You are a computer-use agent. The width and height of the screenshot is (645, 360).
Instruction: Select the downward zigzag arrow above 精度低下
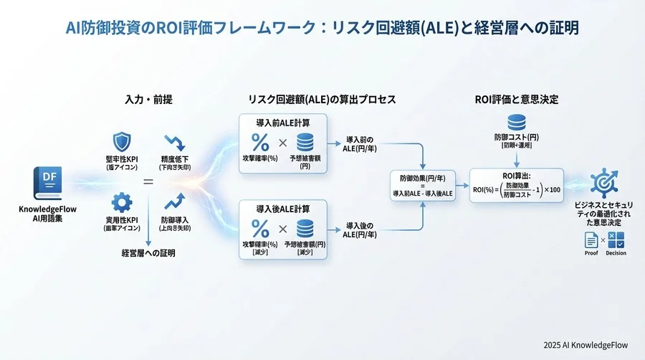[x=176, y=141]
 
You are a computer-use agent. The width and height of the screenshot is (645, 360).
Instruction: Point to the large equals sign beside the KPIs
[x=148, y=181]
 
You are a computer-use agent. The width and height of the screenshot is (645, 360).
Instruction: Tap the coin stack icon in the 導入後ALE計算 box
[x=305, y=229]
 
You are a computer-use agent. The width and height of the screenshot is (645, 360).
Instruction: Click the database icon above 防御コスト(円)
[x=516, y=121]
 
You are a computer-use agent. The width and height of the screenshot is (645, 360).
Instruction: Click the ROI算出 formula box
[x=516, y=186]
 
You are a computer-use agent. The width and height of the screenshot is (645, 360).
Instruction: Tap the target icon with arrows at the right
[x=603, y=184]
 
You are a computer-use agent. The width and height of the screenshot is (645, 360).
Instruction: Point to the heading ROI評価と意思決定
[x=516, y=99]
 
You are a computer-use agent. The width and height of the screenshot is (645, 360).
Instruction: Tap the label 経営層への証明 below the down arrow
[x=148, y=253]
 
